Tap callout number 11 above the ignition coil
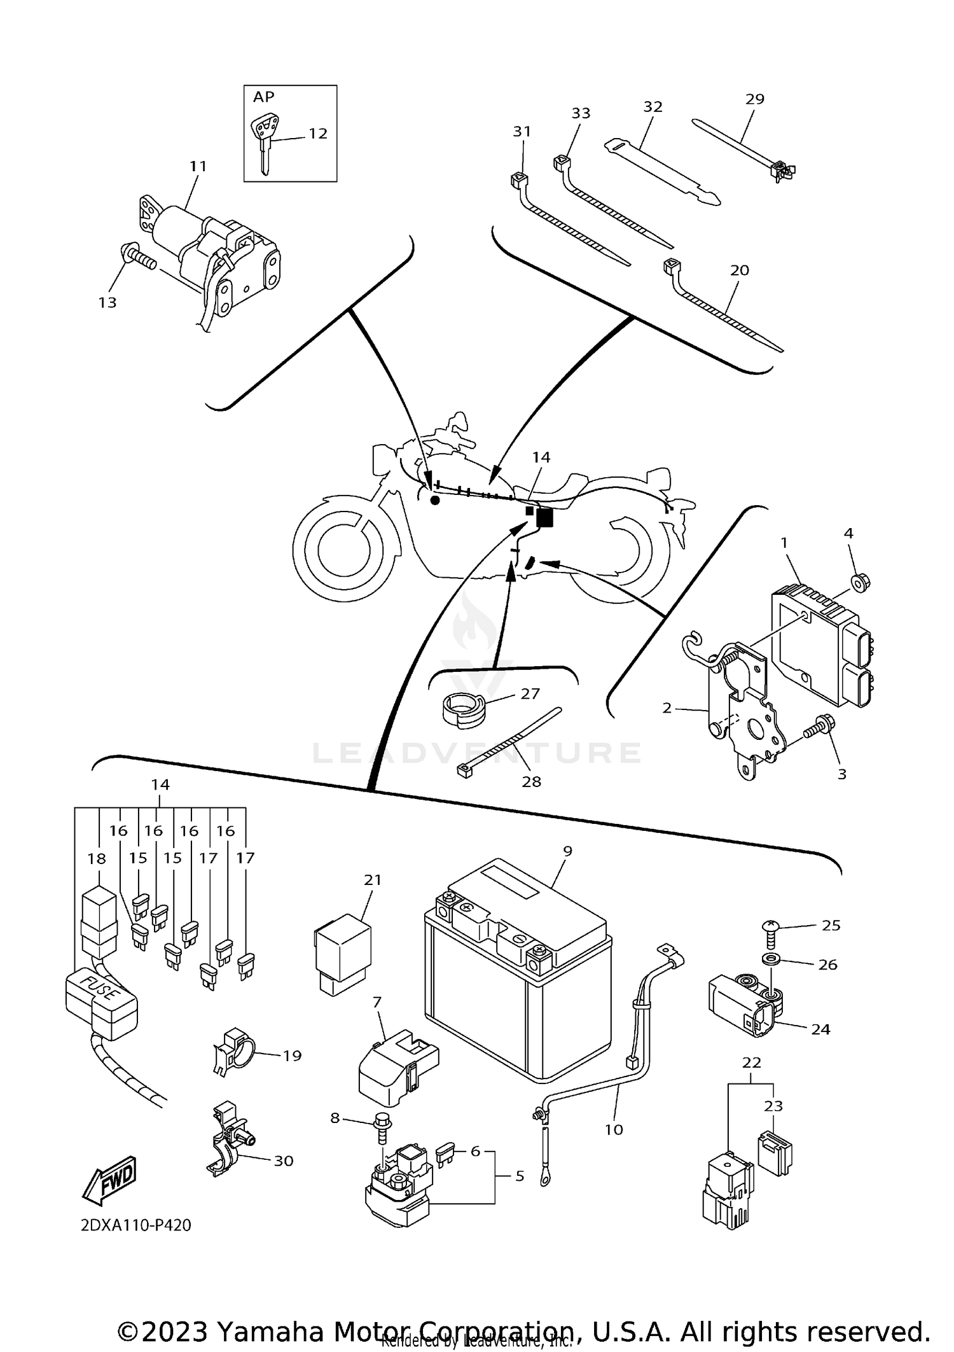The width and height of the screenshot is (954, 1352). (198, 166)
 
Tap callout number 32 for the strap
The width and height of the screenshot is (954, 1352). (653, 107)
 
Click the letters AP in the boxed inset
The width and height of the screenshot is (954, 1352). (264, 97)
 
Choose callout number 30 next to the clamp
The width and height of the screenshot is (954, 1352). (284, 1160)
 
